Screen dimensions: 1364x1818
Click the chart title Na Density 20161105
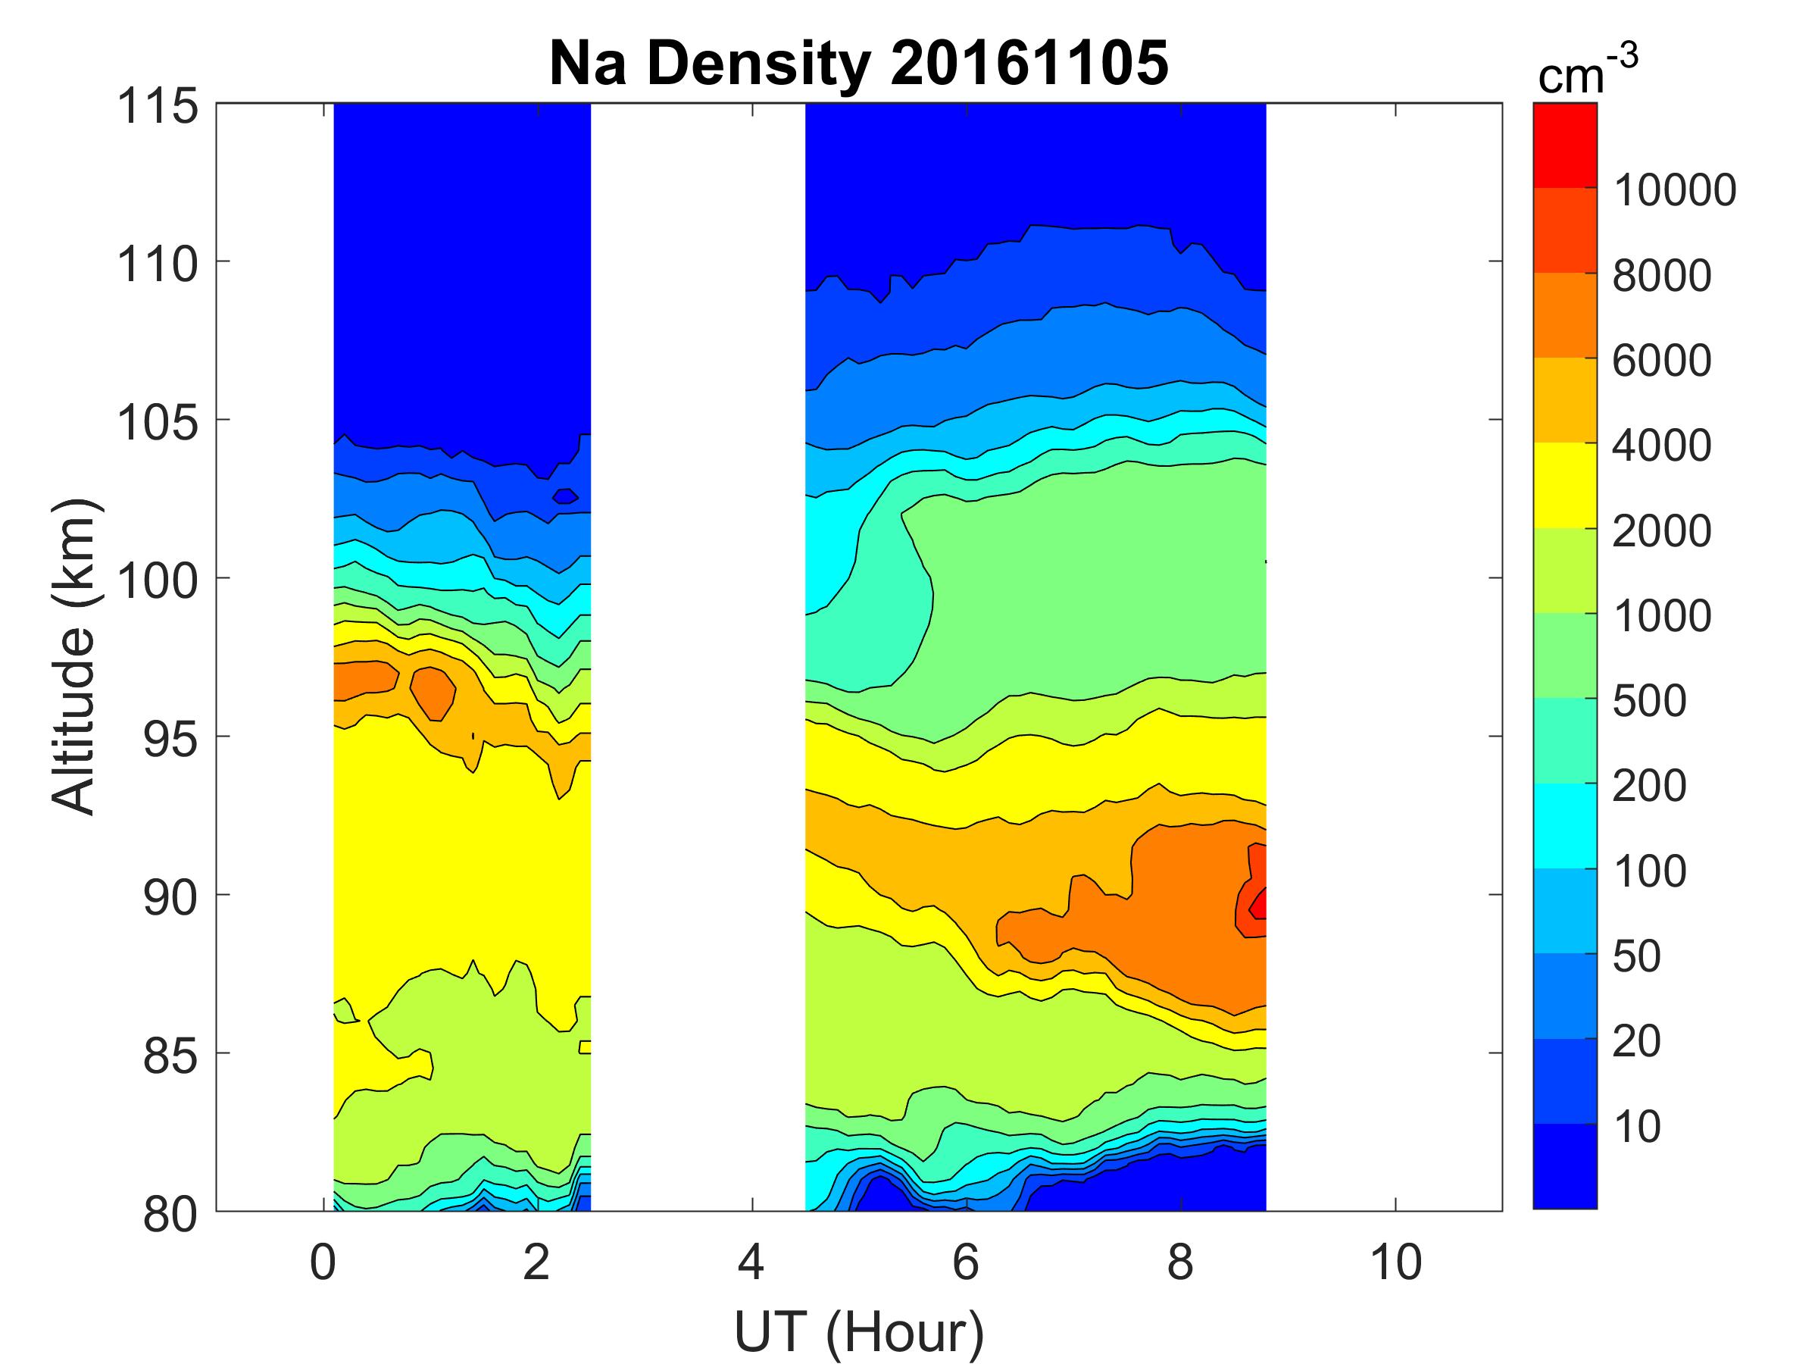coord(858,64)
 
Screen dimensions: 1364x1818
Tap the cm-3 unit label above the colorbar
coord(1587,72)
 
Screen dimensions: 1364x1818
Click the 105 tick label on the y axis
coord(158,423)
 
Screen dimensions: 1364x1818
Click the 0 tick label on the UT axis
coord(323,1262)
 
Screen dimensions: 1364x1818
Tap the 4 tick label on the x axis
coord(751,1262)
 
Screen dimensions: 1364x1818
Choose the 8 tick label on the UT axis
coord(1180,1262)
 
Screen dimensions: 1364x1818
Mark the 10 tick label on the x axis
coord(1395,1262)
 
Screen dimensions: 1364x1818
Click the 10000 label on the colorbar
coord(1675,190)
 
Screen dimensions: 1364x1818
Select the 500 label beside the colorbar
coord(1648,700)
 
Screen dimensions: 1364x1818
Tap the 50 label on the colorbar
coord(1636,956)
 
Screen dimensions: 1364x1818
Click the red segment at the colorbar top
coord(1564,145)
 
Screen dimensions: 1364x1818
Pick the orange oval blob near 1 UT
coord(433,693)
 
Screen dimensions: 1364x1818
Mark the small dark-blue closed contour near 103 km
coord(565,495)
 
